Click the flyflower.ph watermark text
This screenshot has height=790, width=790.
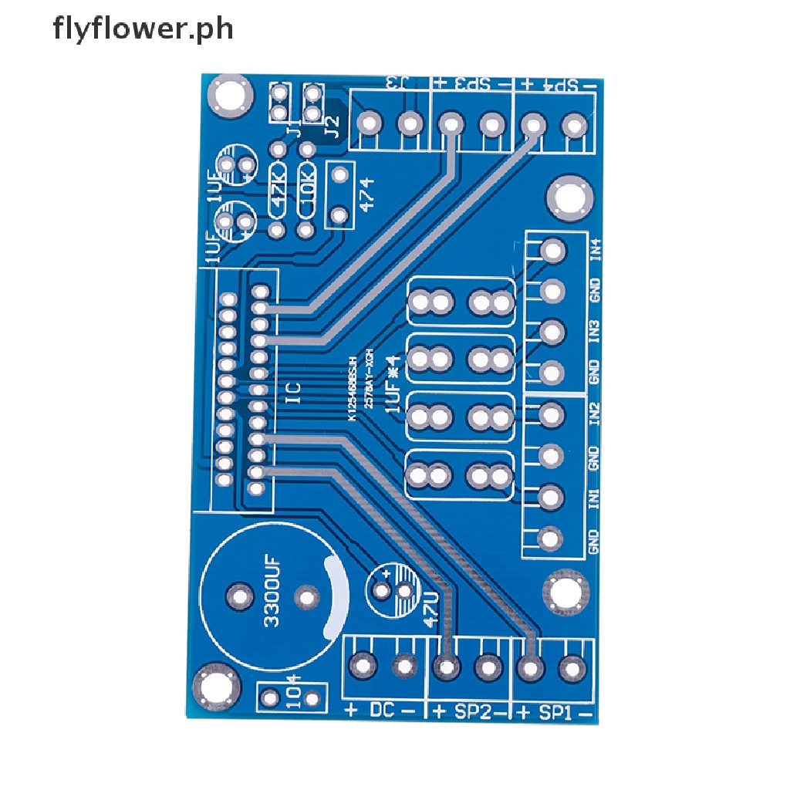pos(143,30)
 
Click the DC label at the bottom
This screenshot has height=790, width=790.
pos(383,710)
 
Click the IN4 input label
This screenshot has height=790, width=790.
pos(595,251)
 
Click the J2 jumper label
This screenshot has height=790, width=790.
pos(333,124)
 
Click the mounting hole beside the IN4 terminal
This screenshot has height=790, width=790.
pos(570,197)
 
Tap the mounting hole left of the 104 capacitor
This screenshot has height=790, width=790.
pos(213,687)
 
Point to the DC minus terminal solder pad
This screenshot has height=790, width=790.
pos(403,666)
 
